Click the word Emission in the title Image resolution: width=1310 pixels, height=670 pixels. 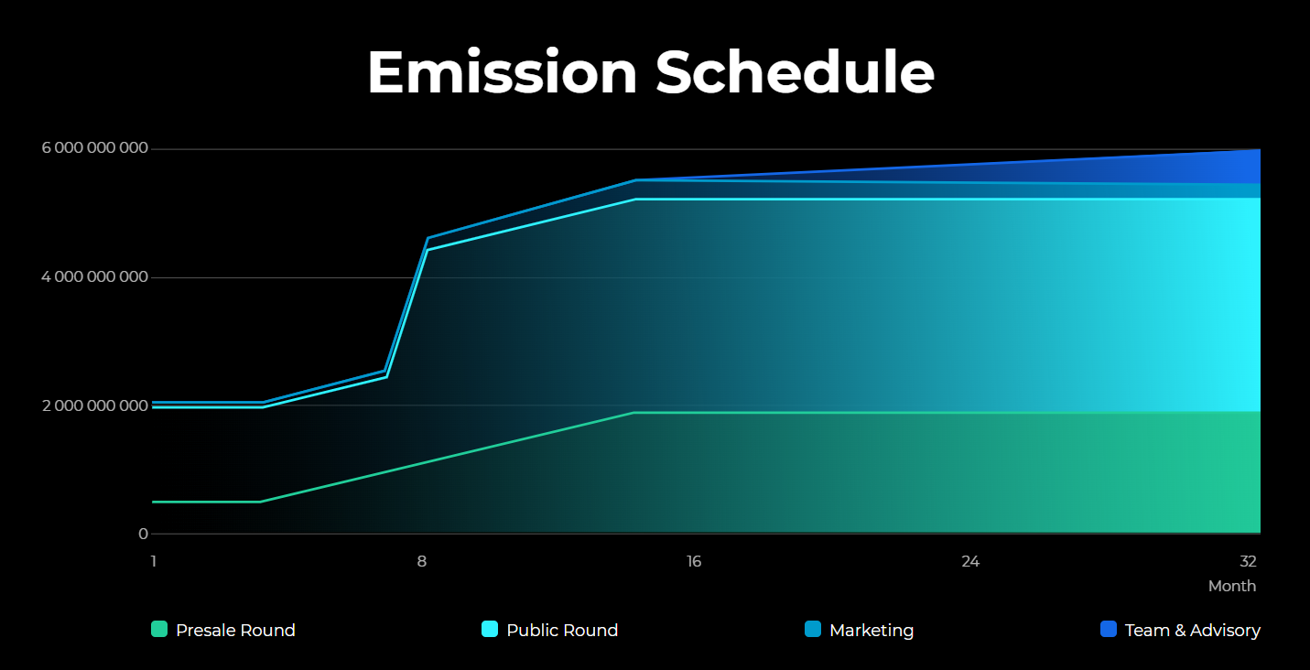pos(502,72)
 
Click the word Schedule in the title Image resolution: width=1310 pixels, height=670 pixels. pos(795,72)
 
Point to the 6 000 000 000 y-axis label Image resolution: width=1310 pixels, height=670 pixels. pos(95,149)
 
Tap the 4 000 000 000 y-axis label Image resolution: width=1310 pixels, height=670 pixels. pos(95,277)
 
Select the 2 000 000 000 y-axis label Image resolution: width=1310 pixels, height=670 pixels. pos(95,405)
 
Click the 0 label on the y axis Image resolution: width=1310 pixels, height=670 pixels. pos(143,534)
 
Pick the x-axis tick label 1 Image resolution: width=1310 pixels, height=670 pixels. pos(154,561)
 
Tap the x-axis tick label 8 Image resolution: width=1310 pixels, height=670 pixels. pos(422,561)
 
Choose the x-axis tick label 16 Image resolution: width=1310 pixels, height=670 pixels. pos(694,561)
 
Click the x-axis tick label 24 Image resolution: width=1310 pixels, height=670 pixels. pos(970,561)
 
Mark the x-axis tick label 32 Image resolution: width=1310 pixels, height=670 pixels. pos(1248,561)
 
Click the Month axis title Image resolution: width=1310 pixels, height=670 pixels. pos(1232,586)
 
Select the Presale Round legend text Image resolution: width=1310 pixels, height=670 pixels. pos(235,630)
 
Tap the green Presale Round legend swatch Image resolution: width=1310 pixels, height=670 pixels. pos(159,629)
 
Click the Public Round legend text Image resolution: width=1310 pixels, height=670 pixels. pos(562,630)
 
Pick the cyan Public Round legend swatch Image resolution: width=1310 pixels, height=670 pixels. pos(490,629)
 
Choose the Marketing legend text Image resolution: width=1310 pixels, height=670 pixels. pos(872,630)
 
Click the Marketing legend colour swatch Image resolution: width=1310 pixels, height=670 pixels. pos(813,629)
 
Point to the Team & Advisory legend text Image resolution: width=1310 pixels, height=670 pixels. pos(1193,630)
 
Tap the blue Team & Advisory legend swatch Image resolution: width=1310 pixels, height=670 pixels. pos(1109,629)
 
